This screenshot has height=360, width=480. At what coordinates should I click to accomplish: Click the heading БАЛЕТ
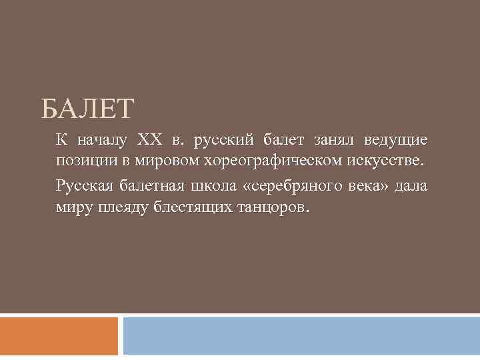tap(87, 108)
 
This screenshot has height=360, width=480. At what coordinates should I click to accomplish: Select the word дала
tap(412, 186)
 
